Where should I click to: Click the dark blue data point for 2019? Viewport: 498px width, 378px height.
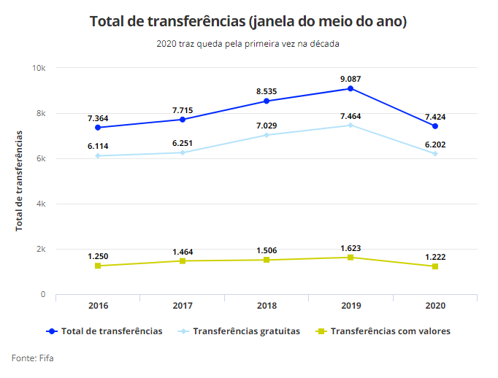click(350, 88)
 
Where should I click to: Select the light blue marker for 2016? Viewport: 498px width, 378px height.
click(98, 155)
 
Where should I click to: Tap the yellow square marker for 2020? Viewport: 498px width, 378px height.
click(434, 266)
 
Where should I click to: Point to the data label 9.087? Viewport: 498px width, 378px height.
click(350, 78)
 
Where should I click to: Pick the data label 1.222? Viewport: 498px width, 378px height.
click(434, 257)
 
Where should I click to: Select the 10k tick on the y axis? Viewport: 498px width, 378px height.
click(38, 68)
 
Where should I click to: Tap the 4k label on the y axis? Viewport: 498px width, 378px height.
click(40, 204)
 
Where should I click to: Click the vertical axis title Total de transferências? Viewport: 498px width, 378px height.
click(20, 180)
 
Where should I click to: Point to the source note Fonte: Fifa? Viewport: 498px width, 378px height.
click(32, 358)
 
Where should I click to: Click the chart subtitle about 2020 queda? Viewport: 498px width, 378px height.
click(248, 44)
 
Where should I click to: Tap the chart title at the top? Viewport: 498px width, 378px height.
click(248, 21)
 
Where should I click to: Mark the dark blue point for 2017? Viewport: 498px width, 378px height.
click(183, 119)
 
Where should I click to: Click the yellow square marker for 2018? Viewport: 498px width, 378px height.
click(267, 260)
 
